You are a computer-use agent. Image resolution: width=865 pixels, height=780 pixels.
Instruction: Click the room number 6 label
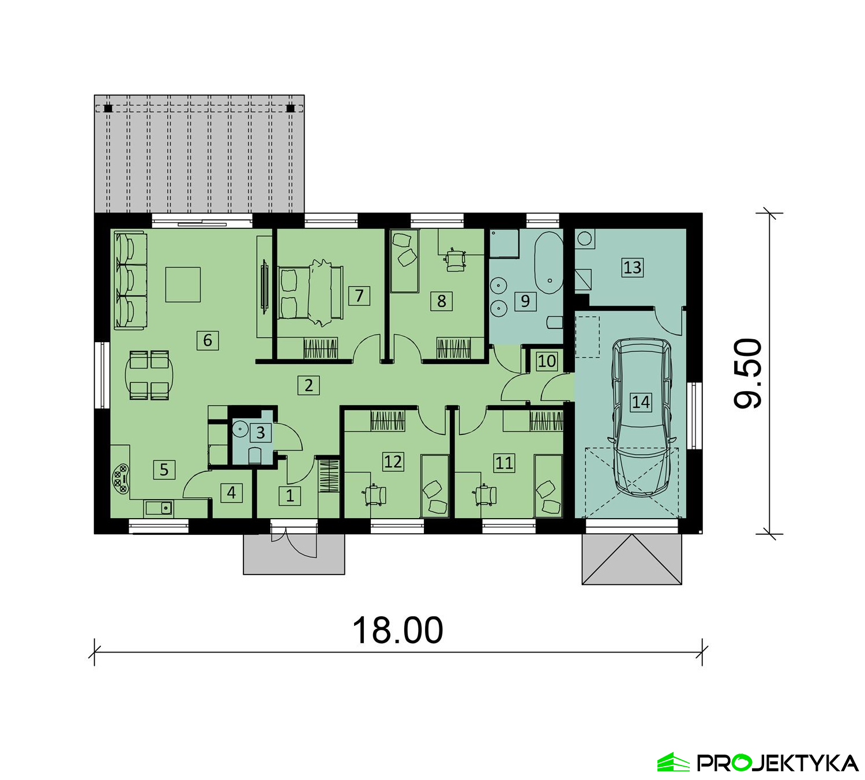(x=208, y=340)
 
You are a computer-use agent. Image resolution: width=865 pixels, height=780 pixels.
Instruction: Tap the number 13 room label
(x=633, y=268)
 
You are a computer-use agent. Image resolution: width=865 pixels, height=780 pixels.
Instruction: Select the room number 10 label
(x=547, y=361)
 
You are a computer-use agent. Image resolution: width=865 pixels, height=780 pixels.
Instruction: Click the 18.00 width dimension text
(x=397, y=631)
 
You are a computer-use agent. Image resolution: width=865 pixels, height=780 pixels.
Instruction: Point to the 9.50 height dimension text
(x=748, y=373)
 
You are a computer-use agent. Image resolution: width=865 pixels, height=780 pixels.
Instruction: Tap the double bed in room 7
(x=310, y=292)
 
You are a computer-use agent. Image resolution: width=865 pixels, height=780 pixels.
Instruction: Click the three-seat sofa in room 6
(x=130, y=280)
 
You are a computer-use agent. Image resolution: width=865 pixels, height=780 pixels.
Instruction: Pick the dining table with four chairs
(x=149, y=375)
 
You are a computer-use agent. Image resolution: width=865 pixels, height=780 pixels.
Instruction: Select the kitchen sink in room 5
(x=159, y=508)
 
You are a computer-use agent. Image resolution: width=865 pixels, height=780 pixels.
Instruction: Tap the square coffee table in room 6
(x=183, y=284)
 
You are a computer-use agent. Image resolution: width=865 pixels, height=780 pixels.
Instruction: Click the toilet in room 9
(x=555, y=322)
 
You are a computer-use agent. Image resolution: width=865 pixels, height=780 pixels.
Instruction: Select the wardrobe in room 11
(x=546, y=420)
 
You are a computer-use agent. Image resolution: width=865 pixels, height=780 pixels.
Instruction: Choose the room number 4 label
(x=232, y=493)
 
